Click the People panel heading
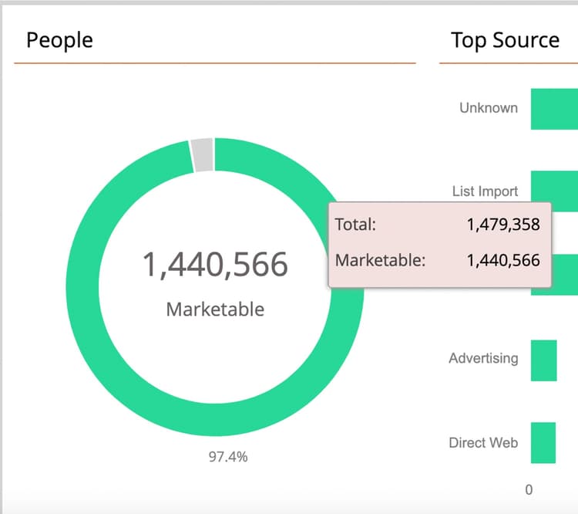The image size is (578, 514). point(59,40)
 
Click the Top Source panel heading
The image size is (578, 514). point(505,40)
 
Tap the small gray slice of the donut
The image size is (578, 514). point(202,154)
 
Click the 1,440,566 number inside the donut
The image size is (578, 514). point(215,265)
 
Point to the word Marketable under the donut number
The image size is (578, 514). point(215,309)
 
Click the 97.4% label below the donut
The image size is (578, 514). point(228,457)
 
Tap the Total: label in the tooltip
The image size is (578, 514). point(355,225)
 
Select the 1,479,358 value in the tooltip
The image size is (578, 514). point(503,225)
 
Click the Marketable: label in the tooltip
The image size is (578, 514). point(380,260)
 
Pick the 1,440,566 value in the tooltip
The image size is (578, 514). point(503,260)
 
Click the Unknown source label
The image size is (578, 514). point(489,108)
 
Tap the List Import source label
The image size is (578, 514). point(485,191)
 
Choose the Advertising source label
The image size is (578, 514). point(483,359)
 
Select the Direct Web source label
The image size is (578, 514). point(483,443)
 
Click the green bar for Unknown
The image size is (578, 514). point(553,109)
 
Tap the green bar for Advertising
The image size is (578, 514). point(543,360)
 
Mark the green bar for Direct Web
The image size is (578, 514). point(543,443)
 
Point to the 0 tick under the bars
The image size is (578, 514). point(529,489)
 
